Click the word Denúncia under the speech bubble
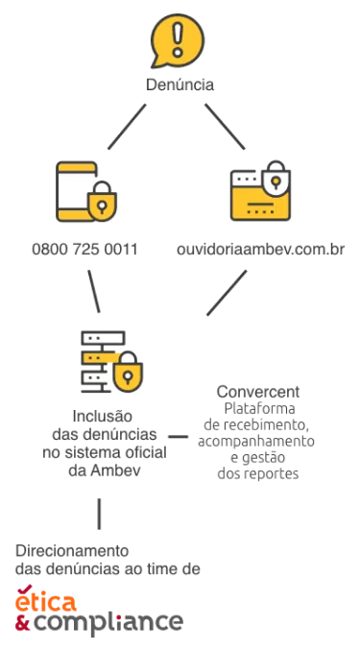pos(180,84)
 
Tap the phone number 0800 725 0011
pos(84,250)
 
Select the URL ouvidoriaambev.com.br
pos(261,250)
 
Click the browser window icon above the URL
pos(257,197)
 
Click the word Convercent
pos(258,392)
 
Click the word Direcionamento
pos(72,551)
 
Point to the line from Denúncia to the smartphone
pos(127,126)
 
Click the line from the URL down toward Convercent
pos(227,292)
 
